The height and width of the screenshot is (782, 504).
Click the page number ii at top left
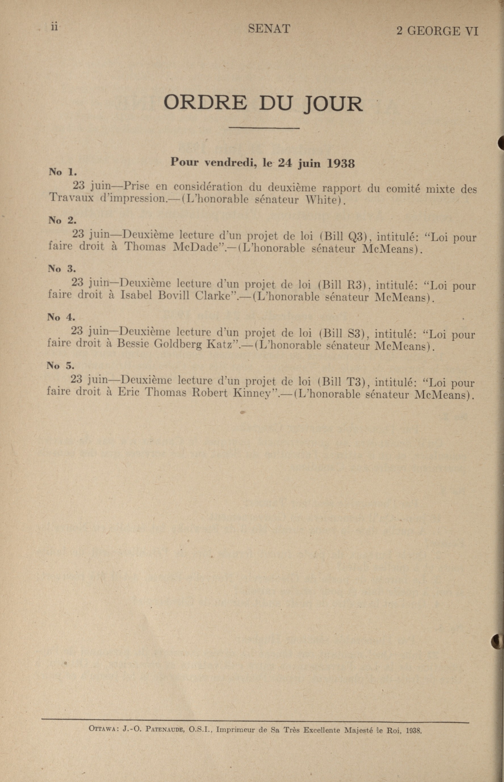tap(54, 27)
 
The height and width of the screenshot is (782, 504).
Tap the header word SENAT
tap(269, 29)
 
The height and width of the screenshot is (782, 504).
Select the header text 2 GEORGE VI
tap(437, 31)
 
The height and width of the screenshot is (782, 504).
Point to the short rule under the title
tap(264, 128)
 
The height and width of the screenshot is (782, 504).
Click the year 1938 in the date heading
tap(341, 163)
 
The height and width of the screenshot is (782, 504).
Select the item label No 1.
tap(62, 172)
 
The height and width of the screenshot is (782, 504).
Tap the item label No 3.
tap(62, 268)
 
